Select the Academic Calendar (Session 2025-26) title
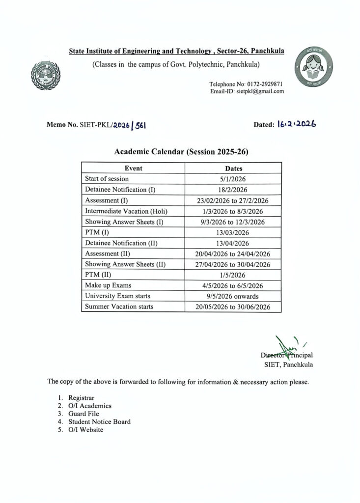pos(181,152)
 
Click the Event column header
pos(133,168)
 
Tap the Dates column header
pos(233,168)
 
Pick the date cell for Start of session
pos(233,179)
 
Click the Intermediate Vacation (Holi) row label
pos(126,211)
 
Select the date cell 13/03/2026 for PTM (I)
pos(233,233)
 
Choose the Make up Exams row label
pos(108,285)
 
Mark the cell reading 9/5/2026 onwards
pos(233,296)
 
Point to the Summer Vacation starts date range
pos(233,307)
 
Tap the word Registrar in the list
pos(82,397)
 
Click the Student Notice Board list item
pos(99,421)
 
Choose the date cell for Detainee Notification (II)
pos(233,243)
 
